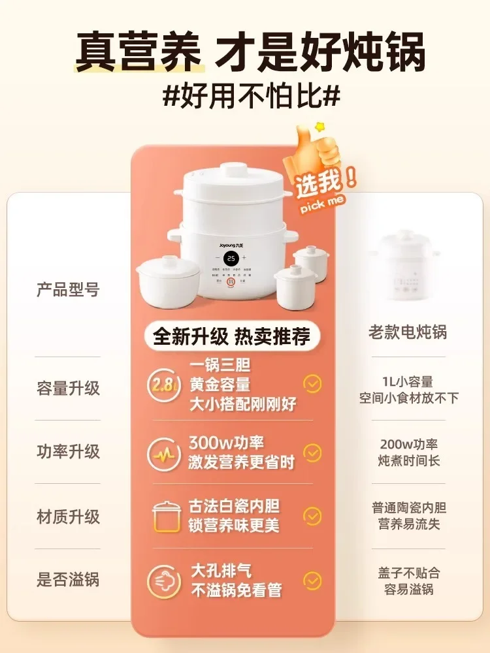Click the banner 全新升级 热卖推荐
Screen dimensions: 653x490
(231, 336)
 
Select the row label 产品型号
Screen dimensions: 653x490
(68, 290)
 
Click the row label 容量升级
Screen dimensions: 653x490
(68, 388)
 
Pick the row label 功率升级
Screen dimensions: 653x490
(68, 451)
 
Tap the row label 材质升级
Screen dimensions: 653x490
(68, 517)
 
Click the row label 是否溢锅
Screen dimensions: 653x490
(68, 579)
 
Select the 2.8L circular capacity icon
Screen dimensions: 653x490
(163, 385)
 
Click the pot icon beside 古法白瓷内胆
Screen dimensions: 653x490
(166, 517)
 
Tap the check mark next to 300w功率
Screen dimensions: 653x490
(313, 453)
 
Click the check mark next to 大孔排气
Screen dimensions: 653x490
(313, 580)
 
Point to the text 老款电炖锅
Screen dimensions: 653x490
(407, 332)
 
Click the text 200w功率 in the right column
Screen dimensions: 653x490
(409, 444)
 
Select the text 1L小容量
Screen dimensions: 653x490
(409, 381)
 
